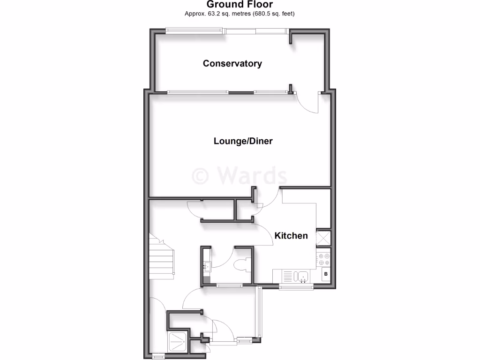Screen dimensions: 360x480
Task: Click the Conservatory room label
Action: (x=232, y=63)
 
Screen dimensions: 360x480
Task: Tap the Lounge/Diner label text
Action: (x=243, y=141)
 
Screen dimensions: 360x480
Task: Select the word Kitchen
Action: (x=291, y=235)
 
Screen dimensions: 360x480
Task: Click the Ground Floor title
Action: (x=240, y=5)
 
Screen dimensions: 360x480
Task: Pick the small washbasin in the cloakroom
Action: (x=207, y=267)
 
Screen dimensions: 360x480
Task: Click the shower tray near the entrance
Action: (x=179, y=342)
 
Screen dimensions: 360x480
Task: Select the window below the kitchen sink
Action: (x=296, y=286)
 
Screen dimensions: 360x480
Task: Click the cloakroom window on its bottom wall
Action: (x=229, y=285)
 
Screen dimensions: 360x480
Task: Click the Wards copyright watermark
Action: (x=240, y=176)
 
